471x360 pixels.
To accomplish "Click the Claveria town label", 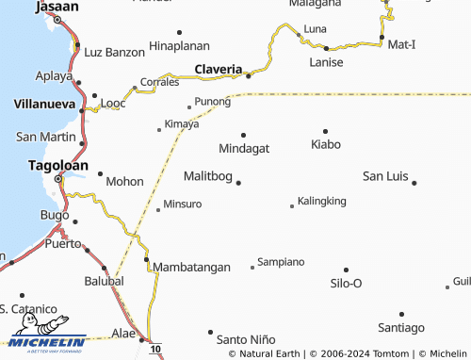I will [x=219, y=69].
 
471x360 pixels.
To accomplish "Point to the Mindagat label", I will [x=244, y=149].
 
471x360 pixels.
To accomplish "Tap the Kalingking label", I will [x=322, y=202].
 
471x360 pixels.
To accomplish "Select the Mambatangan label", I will [x=191, y=267].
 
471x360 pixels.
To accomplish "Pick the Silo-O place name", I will [x=346, y=283].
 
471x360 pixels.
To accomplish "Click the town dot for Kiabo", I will [x=325, y=131].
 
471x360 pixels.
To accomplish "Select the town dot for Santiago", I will [x=401, y=314].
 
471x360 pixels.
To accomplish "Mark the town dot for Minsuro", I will [x=157, y=210].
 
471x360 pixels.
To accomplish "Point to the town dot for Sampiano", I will [x=252, y=267].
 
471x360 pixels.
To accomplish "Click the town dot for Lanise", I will [x=326, y=48].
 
